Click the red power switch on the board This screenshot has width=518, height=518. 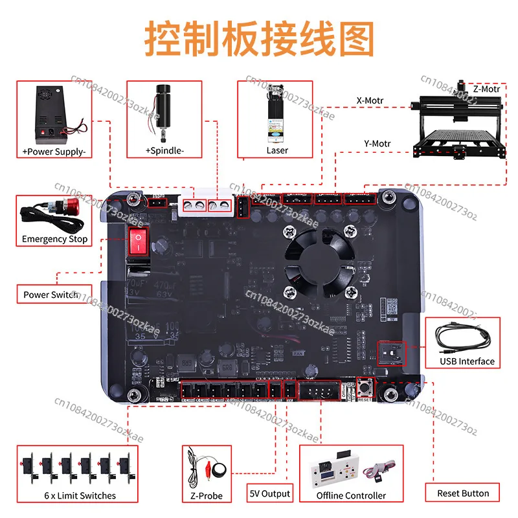138,241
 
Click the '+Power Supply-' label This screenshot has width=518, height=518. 54,151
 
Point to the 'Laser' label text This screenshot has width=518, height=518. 277,150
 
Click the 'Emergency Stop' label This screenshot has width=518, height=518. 54,239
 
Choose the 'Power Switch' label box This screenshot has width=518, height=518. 51,295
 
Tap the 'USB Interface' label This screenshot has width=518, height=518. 467,361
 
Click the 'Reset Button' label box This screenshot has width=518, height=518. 463,493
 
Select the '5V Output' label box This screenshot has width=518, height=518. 270,493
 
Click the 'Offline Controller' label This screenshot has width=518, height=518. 351,496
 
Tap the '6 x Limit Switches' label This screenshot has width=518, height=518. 76,496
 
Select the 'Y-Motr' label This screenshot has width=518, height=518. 376,143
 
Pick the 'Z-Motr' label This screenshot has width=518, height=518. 485,89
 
